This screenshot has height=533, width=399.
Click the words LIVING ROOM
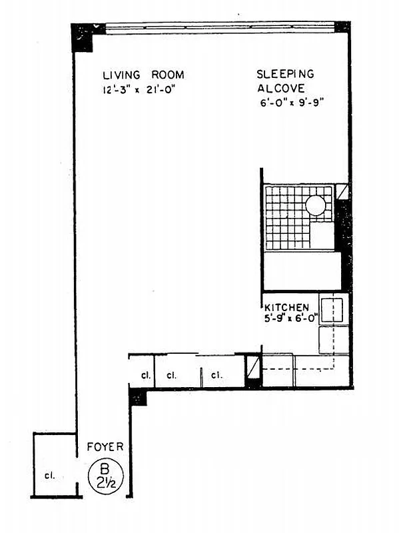(x=143, y=75)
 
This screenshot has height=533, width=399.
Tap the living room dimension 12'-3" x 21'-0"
(x=143, y=90)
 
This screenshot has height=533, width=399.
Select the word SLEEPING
(x=286, y=75)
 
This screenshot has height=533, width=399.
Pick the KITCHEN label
(x=287, y=307)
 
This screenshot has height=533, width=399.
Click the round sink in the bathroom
(x=316, y=205)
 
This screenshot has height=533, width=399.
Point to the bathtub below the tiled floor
(x=302, y=271)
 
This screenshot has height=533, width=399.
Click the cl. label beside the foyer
(x=49, y=476)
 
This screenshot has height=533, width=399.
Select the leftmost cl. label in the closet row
(x=145, y=376)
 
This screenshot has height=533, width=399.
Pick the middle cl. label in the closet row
(x=171, y=376)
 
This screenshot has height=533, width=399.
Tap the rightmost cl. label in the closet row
(x=216, y=376)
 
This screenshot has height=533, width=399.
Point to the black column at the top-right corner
(x=342, y=27)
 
